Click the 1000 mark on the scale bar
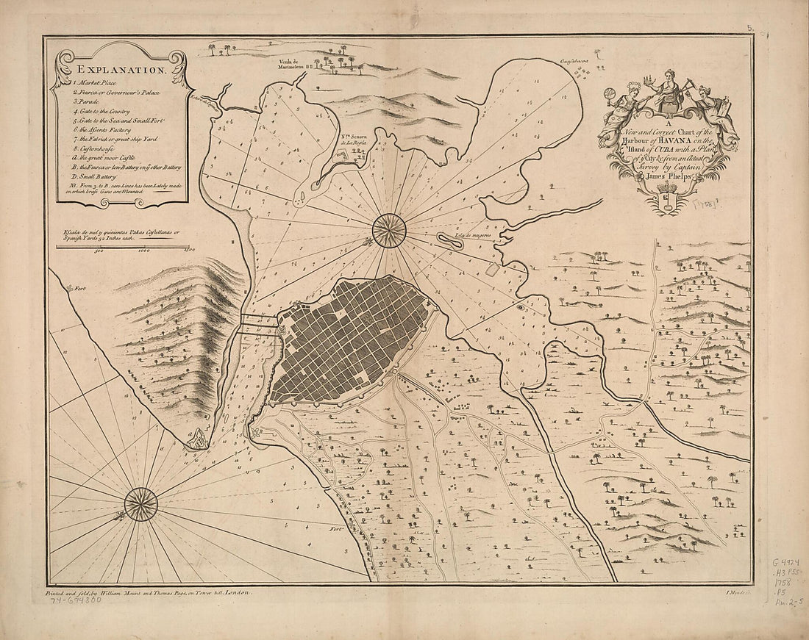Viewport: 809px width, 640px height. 143,251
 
